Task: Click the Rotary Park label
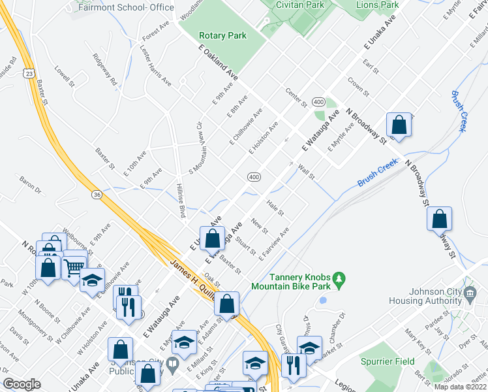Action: [222, 35]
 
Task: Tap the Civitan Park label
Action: [300, 4]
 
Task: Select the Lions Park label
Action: [377, 5]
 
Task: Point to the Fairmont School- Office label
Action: [126, 8]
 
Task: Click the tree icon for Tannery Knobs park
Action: [338, 280]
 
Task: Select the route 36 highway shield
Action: [97, 195]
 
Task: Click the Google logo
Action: [22, 384]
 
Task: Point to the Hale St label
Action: [275, 208]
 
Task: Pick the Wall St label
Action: [306, 172]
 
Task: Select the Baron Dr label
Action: [30, 185]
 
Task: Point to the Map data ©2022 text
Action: [461, 387]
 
